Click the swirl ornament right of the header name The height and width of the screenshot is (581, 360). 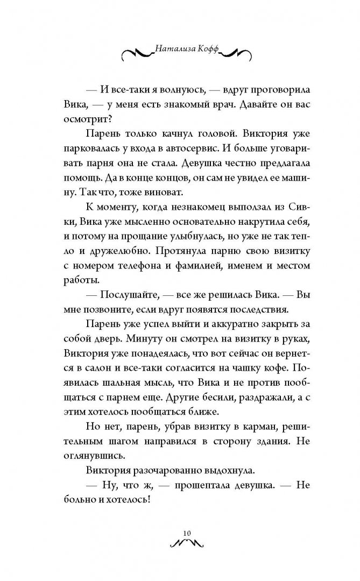tap(233, 53)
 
